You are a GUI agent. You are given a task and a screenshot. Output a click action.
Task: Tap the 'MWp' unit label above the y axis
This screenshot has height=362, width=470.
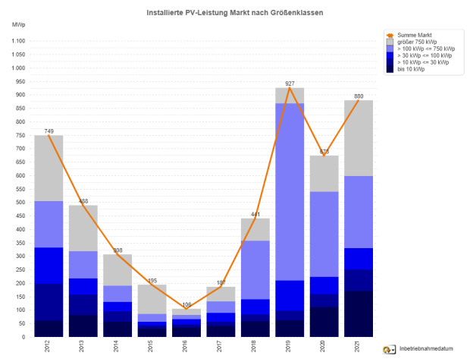(18, 25)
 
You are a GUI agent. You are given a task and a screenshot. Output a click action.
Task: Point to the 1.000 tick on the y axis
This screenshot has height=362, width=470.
(17, 68)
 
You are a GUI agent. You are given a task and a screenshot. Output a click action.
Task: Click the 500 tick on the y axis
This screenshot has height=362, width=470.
(19, 203)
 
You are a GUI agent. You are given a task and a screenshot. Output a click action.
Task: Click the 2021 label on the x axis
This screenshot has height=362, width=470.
(359, 348)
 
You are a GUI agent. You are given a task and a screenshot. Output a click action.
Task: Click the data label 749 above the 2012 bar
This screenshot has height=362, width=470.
(49, 131)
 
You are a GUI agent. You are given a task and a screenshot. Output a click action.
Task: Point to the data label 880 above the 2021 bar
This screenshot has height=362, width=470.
(359, 96)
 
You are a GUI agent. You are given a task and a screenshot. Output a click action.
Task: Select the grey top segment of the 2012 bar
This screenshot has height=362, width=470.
(49, 168)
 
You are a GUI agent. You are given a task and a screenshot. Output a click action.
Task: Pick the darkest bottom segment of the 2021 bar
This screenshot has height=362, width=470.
(359, 313)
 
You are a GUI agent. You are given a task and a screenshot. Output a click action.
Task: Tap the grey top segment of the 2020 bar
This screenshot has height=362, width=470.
(324, 173)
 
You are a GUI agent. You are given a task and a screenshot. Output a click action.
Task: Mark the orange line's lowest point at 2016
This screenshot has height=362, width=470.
(186, 308)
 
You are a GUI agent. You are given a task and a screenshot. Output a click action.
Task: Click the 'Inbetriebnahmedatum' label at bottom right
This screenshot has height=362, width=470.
(427, 349)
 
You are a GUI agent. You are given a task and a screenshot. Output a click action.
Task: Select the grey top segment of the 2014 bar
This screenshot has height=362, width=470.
(117, 269)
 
